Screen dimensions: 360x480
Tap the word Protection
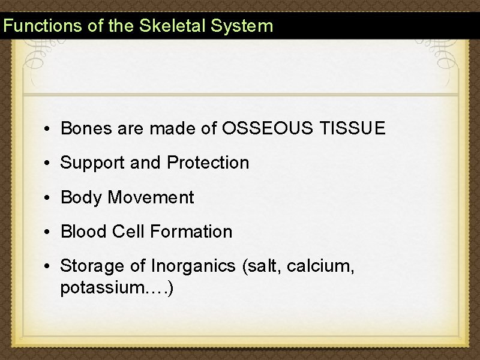(208, 163)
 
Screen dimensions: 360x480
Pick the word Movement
(151, 197)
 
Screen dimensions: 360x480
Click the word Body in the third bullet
(82, 197)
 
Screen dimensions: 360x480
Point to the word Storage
(91, 266)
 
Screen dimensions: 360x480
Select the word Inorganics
(193, 266)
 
